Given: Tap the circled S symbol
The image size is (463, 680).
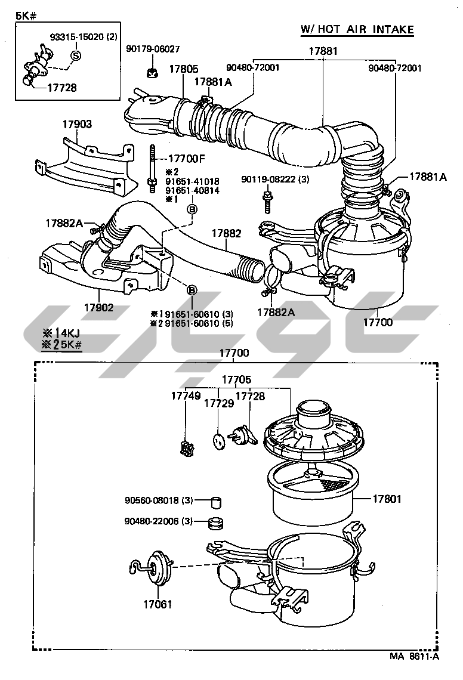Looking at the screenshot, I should tap(76, 56).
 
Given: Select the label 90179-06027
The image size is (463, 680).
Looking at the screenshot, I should tap(153, 48).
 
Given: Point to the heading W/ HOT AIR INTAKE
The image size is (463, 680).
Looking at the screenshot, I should tap(357, 29).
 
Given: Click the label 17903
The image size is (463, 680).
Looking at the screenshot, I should tap(78, 124).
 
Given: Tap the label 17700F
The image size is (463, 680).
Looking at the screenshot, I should tap(187, 159).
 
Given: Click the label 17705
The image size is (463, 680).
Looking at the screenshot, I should tap(237, 379).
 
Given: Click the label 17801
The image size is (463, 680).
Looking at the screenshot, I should tap(388, 499).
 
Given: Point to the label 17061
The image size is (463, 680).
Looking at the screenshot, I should tap(158, 604).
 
